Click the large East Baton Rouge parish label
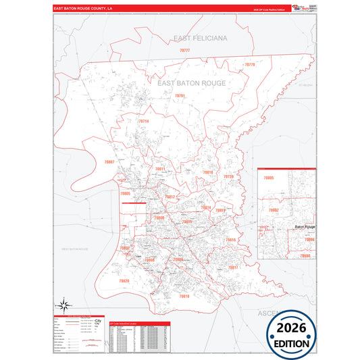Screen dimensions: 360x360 point(191,83)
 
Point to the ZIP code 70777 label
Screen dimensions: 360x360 point(184,51)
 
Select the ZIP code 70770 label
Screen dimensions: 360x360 point(249,64)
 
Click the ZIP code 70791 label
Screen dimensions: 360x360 point(180,97)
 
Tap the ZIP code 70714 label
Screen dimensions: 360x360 point(143,122)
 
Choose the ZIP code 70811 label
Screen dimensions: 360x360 point(160,169)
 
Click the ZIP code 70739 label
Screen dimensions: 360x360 point(228,176)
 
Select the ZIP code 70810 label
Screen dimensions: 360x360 point(184,296)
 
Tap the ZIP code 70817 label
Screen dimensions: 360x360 point(233,267)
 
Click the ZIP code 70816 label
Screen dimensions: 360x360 point(230,240)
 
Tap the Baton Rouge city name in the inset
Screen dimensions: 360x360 point(305,227)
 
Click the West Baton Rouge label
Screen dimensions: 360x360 point(75,249)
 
